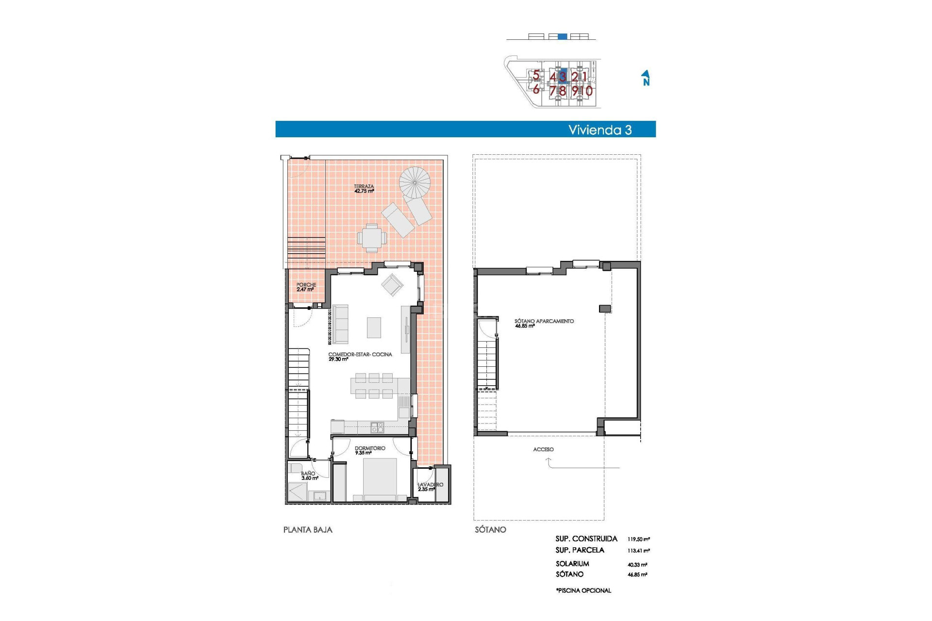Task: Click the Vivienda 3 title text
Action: [600, 130]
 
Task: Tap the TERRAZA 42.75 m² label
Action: [364, 189]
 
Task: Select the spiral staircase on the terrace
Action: [415, 182]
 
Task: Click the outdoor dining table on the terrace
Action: [372, 238]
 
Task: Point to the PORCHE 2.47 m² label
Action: [306, 287]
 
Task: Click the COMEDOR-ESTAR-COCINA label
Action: [360, 357]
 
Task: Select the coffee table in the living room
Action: [374, 327]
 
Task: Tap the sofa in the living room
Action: [340, 324]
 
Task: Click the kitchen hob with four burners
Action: [377, 427]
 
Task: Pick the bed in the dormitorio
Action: [380, 478]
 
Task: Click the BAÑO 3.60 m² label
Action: [309, 475]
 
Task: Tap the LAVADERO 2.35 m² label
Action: [430, 487]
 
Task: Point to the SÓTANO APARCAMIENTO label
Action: [544, 323]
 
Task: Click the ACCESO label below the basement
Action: [543, 449]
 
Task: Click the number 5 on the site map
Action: [536, 75]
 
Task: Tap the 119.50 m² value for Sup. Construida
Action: [638, 539]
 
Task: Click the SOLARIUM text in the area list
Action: [572, 564]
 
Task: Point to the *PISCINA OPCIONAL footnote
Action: [583, 590]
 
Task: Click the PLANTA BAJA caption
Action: [308, 530]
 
